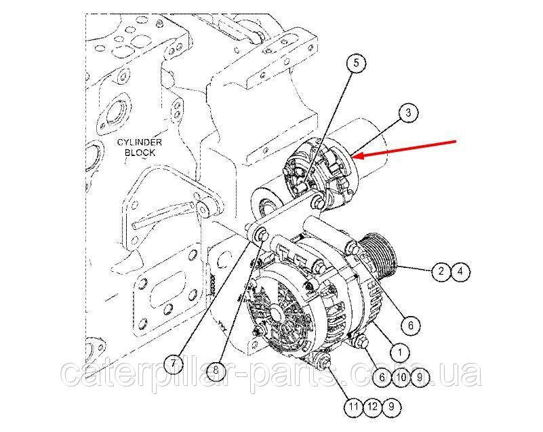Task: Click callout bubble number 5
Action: coord(357,63)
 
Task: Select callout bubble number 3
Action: coord(409,113)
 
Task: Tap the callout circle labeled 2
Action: coord(441,271)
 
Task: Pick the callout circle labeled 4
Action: coord(460,271)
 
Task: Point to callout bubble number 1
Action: coord(400,353)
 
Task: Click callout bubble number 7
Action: coord(174,364)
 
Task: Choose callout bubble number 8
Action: coord(216,370)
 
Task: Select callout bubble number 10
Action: coord(401,377)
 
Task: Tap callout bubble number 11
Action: coord(354,406)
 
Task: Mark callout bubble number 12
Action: coord(373,406)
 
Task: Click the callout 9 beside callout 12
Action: coord(391,406)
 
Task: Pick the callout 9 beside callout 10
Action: coord(420,377)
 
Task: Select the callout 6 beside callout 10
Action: coord(382,377)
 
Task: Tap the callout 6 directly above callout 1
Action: coord(411,325)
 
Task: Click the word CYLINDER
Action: coord(140,142)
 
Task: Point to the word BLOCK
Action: coord(140,153)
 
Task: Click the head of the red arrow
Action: coord(355,156)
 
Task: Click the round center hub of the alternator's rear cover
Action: coord(276,313)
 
